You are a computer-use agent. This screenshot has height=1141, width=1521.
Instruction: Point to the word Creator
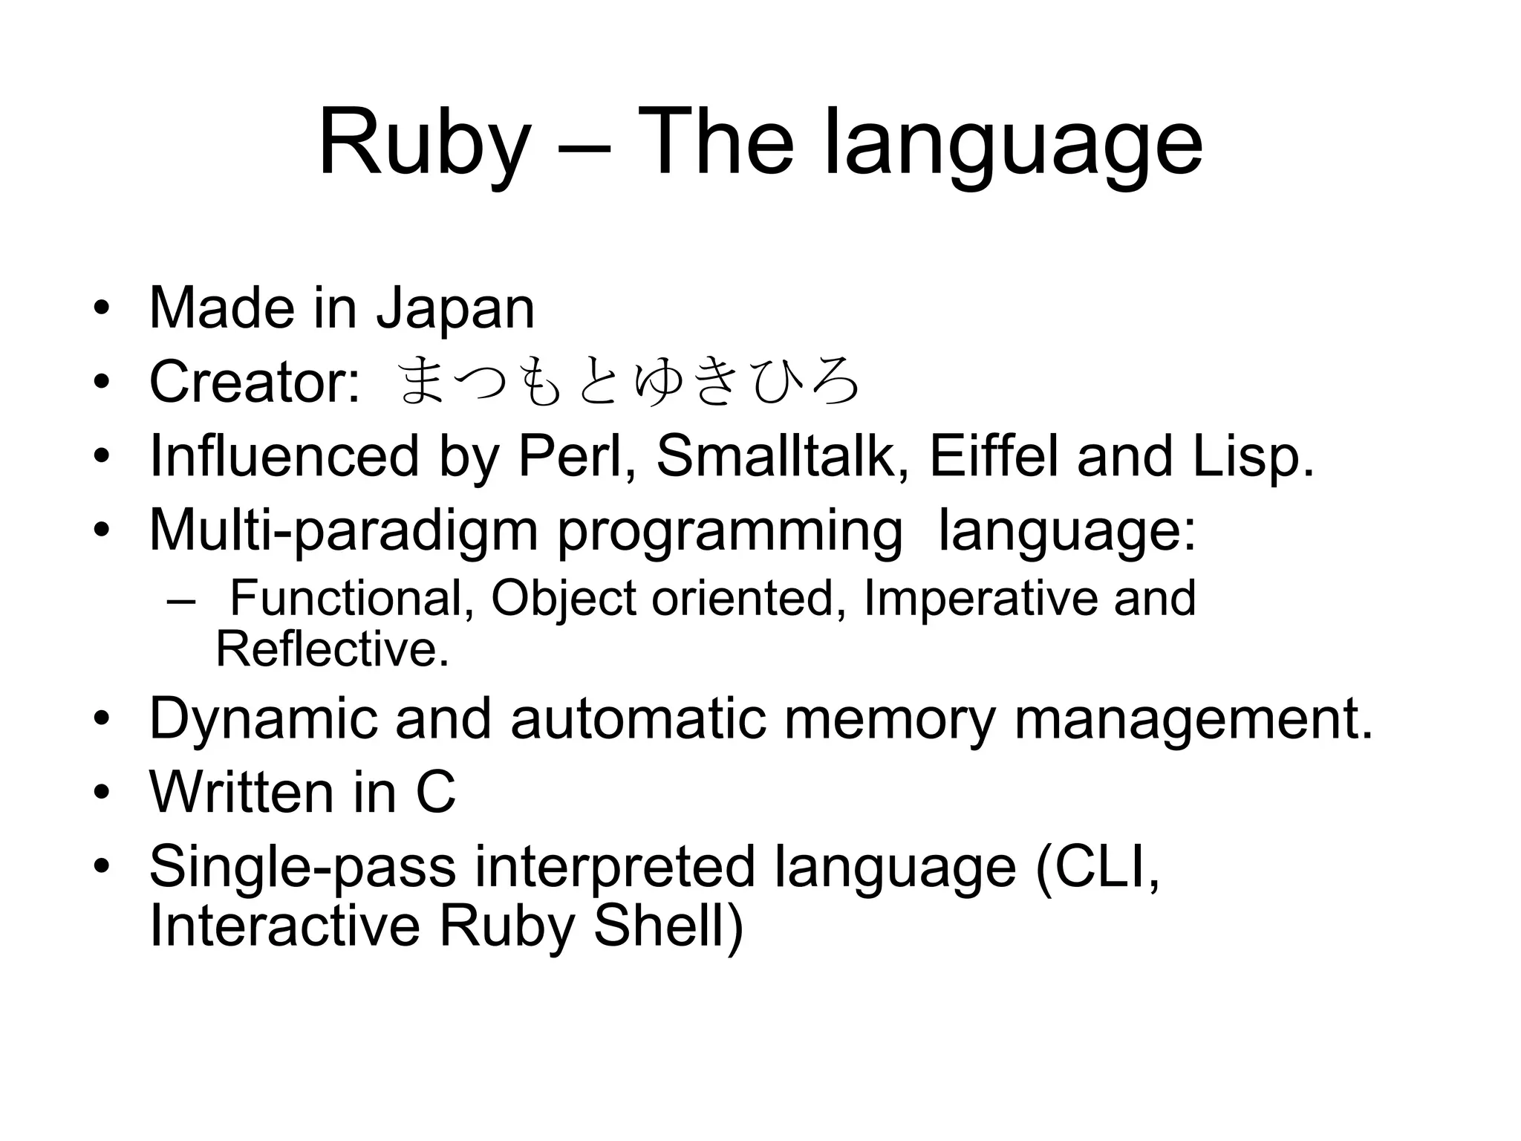pyautogui.click(x=255, y=381)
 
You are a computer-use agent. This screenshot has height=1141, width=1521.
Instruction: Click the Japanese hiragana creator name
pyautogui.click(x=628, y=383)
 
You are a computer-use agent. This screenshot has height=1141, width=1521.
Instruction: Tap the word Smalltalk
pyautogui.click(x=782, y=456)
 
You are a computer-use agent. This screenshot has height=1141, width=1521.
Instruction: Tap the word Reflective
pyautogui.click(x=332, y=648)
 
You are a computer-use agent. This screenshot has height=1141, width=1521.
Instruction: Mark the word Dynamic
pyautogui.click(x=264, y=718)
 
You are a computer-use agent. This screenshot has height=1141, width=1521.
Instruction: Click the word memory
pyautogui.click(x=889, y=718)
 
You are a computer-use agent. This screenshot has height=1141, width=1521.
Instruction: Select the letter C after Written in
pyautogui.click(x=435, y=793)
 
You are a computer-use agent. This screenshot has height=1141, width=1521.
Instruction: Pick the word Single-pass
pyautogui.click(x=302, y=866)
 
